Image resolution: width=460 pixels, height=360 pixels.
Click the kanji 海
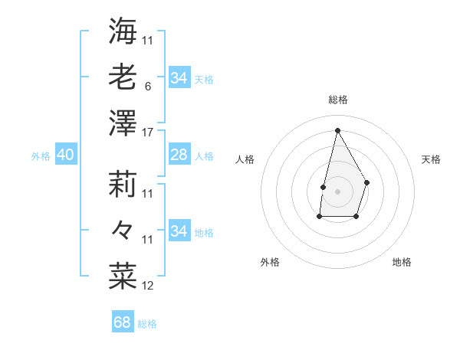click(x=123, y=32)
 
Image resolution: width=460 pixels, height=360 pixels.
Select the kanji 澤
click(x=123, y=123)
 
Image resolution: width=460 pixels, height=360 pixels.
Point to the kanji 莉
click(x=123, y=184)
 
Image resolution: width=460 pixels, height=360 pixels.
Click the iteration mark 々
click(x=123, y=230)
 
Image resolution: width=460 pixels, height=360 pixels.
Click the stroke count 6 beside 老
click(x=148, y=86)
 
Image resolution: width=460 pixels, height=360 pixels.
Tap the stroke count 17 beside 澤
click(x=148, y=132)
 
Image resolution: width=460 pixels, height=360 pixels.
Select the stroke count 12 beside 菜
click(x=148, y=286)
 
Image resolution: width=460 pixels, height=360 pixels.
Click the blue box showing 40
click(x=65, y=155)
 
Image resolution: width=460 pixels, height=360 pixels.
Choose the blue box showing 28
click(x=179, y=155)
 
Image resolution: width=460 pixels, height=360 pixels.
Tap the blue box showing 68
click(x=123, y=322)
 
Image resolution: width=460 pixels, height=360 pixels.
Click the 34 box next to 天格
click(x=179, y=78)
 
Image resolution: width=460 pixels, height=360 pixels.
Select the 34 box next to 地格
click(x=179, y=231)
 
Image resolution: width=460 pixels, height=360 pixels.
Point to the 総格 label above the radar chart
click(x=338, y=100)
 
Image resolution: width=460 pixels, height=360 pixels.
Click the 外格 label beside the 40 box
click(x=41, y=156)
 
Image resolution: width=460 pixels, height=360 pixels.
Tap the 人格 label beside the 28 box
click(x=204, y=156)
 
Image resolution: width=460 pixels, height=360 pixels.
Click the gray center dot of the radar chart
click(x=337, y=190)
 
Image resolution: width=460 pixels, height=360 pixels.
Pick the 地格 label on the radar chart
click(x=402, y=262)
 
